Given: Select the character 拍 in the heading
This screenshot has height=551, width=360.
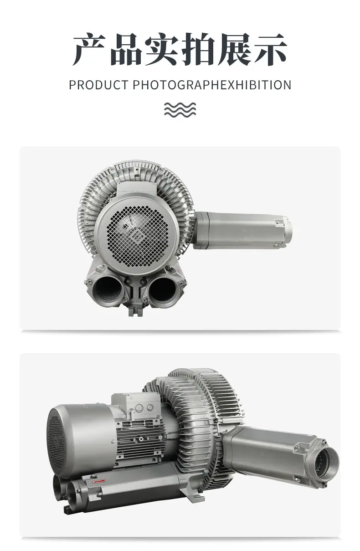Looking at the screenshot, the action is [x=198, y=49].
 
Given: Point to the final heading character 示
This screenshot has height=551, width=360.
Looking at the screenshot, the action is [x=270, y=49].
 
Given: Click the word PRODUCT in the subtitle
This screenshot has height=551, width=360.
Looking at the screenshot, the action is [x=98, y=85].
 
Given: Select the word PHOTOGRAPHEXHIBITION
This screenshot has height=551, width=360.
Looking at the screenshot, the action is [x=212, y=85].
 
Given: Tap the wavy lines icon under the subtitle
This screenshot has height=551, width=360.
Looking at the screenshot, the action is [x=180, y=110].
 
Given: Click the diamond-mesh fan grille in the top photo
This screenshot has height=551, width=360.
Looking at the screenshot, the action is [x=138, y=234].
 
